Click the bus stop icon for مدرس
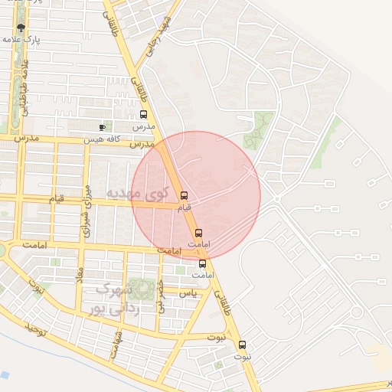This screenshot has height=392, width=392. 143,115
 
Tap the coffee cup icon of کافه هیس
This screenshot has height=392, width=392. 103,127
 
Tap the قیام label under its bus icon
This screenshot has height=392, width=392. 183,207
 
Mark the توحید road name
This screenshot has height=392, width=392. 38,328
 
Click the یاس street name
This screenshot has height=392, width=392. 187,293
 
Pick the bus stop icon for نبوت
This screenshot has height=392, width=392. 242,345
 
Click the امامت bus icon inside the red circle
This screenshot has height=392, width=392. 198,232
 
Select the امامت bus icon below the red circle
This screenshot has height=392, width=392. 202,263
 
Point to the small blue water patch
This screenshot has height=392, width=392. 4,375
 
